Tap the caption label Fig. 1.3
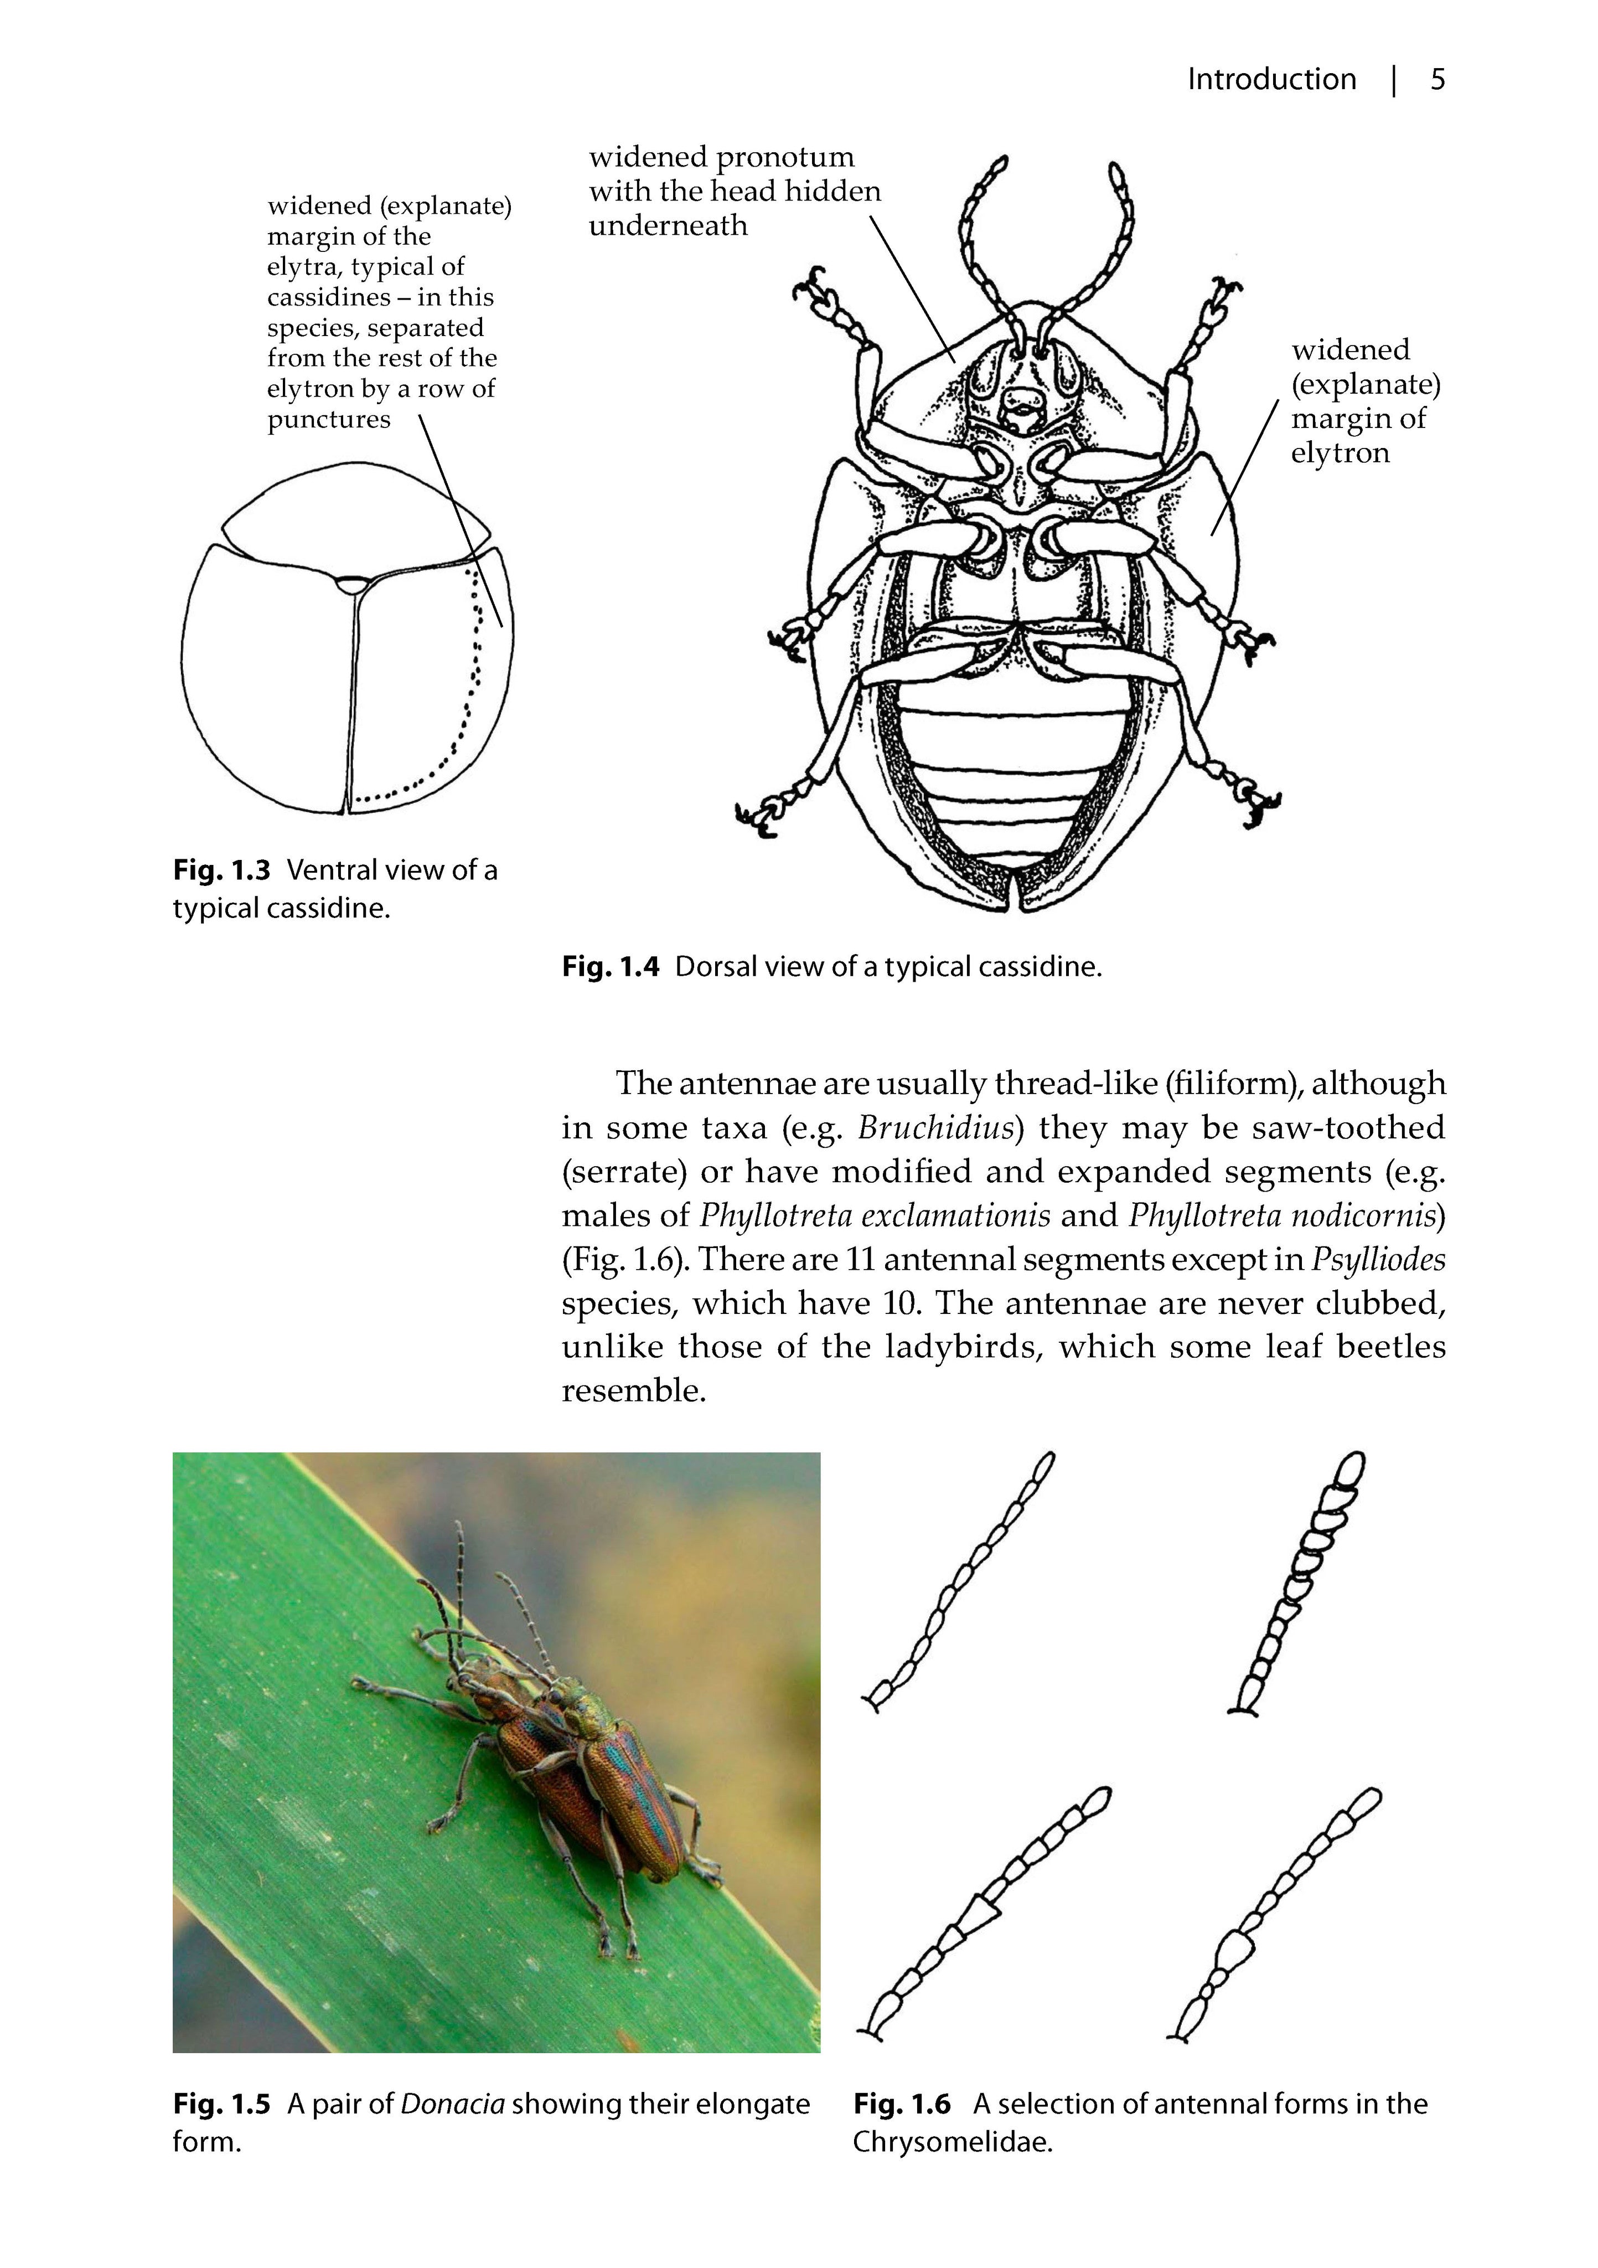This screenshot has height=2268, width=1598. pos(221,870)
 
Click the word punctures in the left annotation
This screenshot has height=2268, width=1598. pos(329,420)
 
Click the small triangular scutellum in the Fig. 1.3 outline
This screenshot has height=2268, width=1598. pos(350,584)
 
